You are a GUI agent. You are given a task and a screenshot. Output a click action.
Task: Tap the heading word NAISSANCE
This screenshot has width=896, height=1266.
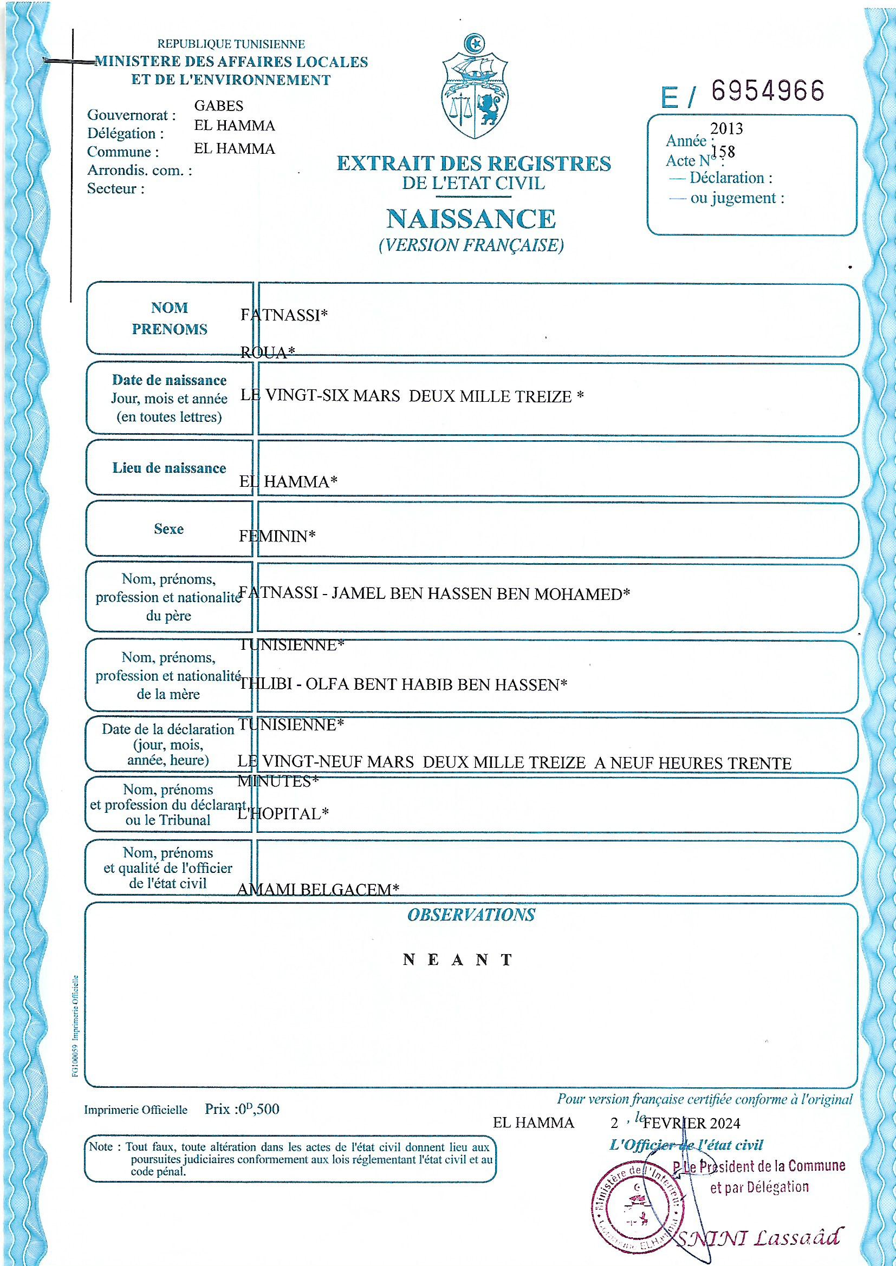(x=471, y=219)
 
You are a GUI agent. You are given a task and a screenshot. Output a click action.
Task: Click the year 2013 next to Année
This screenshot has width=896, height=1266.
(x=726, y=129)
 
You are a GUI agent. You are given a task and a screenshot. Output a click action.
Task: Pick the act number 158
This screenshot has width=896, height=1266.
(x=723, y=152)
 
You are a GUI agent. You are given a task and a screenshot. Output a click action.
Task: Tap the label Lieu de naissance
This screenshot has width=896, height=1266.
(x=169, y=468)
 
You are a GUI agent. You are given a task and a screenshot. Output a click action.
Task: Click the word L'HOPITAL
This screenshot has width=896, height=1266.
(x=282, y=814)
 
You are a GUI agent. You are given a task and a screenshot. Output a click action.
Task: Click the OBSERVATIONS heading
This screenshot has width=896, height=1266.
(x=471, y=915)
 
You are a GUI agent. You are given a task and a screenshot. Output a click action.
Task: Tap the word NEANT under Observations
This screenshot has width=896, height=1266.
(x=458, y=960)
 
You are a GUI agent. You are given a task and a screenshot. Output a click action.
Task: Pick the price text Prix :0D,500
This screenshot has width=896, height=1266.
(x=242, y=1109)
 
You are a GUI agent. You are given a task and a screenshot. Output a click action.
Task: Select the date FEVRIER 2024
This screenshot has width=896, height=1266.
(x=691, y=1123)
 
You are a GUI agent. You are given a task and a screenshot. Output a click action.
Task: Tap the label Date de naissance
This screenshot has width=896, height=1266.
(x=169, y=381)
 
